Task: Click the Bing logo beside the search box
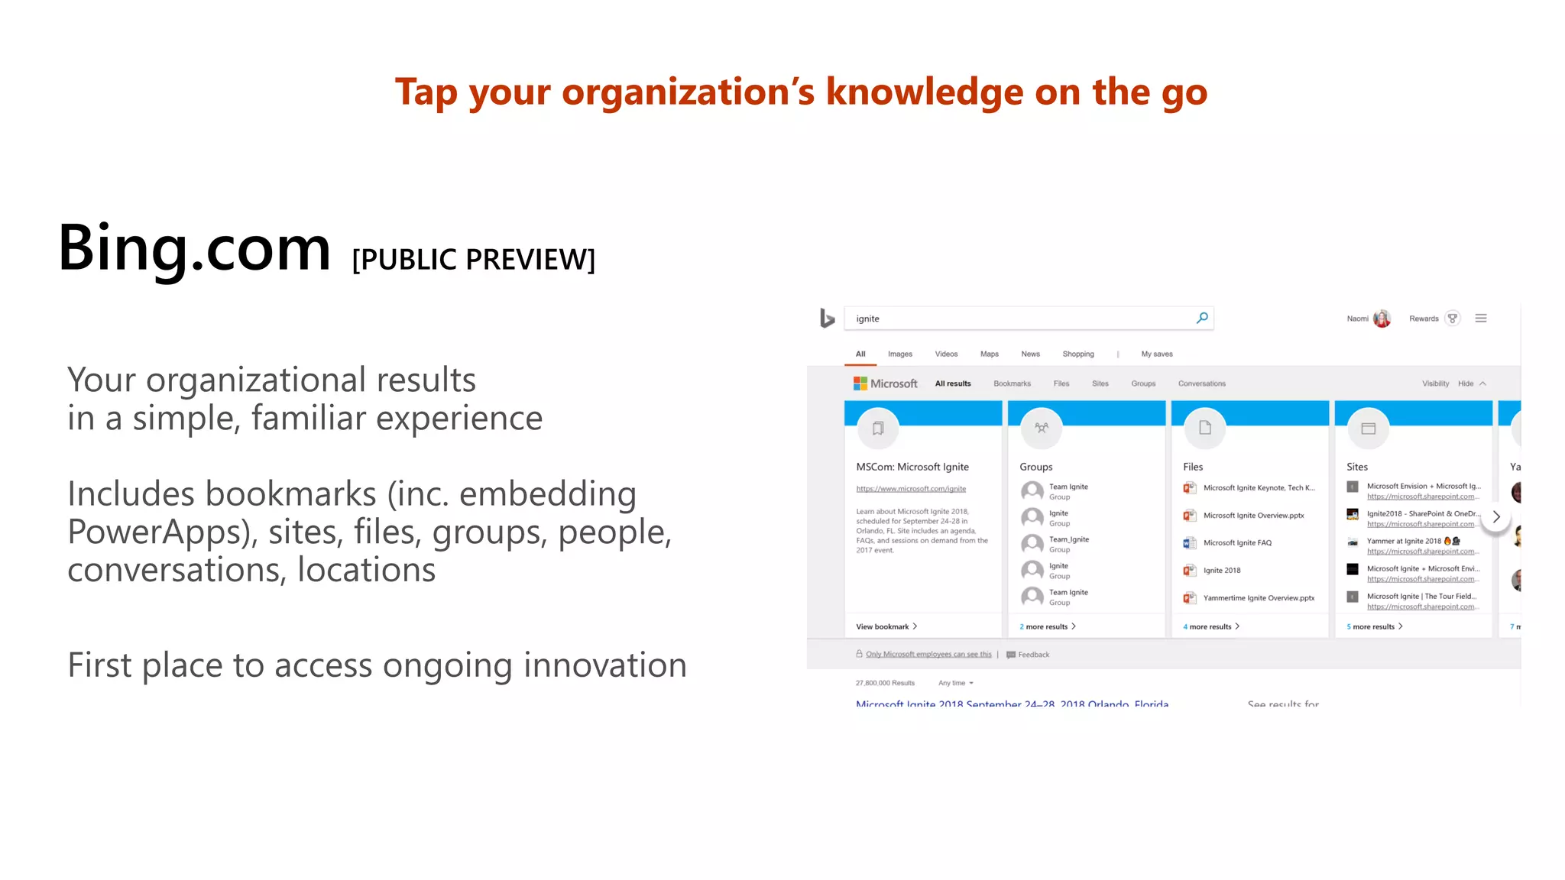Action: [x=827, y=318]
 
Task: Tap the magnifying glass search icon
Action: [x=1202, y=318]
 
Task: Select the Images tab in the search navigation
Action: [x=899, y=354]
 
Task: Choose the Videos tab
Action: [x=946, y=354]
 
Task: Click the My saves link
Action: [x=1156, y=354]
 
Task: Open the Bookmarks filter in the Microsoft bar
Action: [x=1012, y=383]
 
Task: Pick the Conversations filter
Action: [x=1201, y=383]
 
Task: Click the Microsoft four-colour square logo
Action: [x=860, y=383]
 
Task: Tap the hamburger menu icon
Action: [x=1481, y=319]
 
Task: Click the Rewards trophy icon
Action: [x=1453, y=319]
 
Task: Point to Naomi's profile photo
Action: [x=1382, y=319]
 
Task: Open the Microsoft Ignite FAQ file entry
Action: [x=1237, y=543]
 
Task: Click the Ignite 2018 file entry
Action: [x=1222, y=571]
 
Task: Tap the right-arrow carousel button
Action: [x=1495, y=517]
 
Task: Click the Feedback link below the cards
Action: [x=1033, y=655]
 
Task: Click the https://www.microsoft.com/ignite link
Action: [x=911, y=489]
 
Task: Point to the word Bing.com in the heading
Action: [x=195, y=248]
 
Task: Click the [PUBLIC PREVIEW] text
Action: [x=473, y=260]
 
